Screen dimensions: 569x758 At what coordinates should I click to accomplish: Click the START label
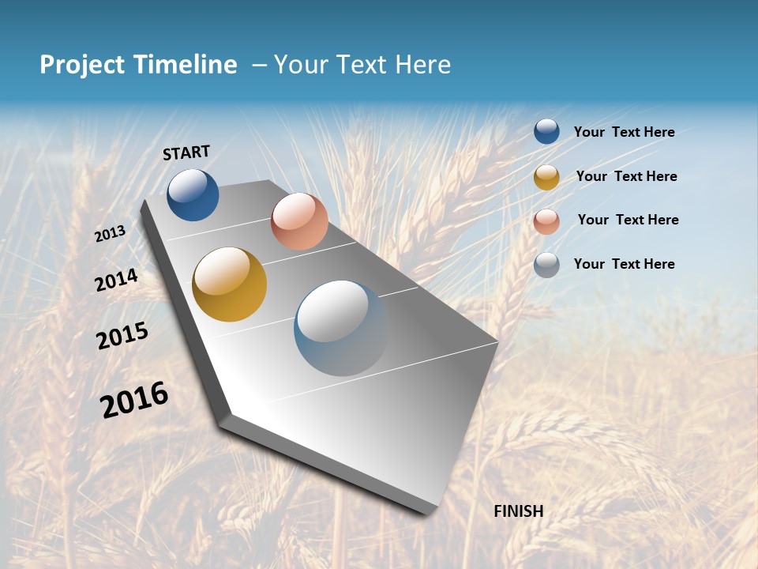coord(186,153)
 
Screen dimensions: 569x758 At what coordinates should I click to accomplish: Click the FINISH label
coord(519,511)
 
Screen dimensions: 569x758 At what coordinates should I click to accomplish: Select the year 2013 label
coord(111,233)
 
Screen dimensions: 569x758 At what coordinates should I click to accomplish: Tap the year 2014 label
coord(117,280)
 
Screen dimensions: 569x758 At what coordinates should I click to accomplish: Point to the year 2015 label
coord(122,335)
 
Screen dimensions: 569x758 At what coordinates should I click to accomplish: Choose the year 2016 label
coord(134,400)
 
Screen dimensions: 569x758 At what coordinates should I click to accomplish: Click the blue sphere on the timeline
coord(193,194)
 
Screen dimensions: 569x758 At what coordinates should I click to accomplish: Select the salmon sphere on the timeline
coord(299,221)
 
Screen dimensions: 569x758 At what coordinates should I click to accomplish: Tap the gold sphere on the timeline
coord(230,284)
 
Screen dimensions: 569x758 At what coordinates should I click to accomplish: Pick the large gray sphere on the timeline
coord(341,328)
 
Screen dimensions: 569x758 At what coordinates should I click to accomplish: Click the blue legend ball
coord(546,131)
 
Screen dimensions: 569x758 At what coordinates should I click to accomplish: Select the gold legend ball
coord(546,177)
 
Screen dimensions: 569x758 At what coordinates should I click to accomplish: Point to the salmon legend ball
coord(546,221)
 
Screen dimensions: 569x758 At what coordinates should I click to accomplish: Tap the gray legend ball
coord(546,265)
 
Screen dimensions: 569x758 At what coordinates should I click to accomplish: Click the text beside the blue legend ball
coord(624,132)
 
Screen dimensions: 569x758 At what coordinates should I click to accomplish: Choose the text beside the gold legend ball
coord(626,176)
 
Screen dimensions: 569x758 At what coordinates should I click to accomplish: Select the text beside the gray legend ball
coord(624,264)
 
